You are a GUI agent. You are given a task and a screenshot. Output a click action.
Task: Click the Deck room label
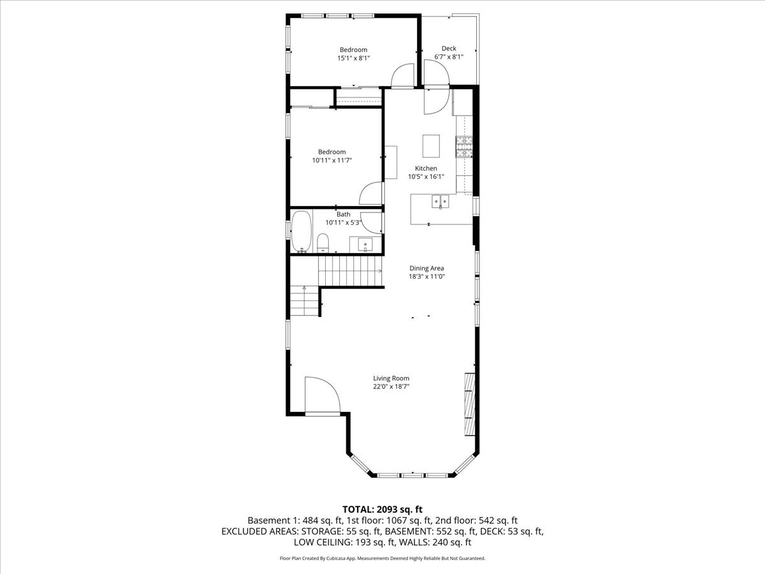[449, 48]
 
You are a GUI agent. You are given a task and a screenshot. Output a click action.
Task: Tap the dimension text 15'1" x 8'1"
[353, 58]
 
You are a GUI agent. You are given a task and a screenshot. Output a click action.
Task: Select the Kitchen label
[426, 168]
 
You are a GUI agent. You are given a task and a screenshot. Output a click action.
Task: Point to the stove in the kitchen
[463, 147]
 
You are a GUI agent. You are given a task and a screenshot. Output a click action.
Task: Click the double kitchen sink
[440, 202]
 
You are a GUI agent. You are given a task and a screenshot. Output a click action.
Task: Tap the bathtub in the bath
[301, 233]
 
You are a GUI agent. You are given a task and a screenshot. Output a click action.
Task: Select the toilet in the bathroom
[323, 242]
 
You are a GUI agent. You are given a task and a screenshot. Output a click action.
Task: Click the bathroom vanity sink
[365, 244]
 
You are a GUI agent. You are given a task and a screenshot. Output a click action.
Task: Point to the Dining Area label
[426, 269]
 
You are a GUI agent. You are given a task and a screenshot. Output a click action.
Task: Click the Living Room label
[391, 378]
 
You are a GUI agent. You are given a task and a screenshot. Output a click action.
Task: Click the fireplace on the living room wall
[470, 404]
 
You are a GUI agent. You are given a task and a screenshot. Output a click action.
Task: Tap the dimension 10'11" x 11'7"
[331, 160]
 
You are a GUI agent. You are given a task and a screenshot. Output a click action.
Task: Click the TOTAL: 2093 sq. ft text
[382, 509]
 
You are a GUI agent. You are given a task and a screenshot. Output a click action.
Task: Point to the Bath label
[344, 214]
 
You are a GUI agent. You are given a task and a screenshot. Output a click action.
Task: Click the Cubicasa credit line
[382, 558]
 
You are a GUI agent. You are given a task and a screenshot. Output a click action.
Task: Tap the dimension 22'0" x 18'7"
[391, 386]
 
